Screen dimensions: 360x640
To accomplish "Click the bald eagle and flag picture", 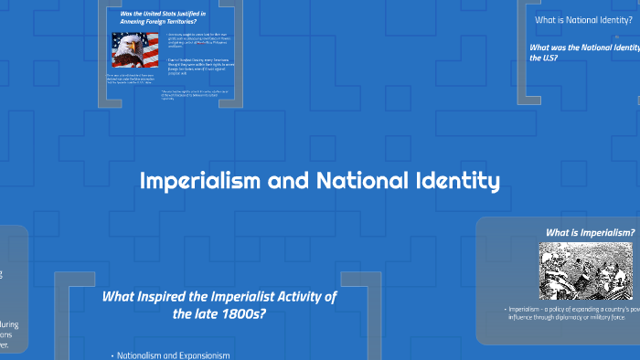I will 134,52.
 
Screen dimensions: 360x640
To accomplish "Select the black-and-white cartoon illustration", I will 575,270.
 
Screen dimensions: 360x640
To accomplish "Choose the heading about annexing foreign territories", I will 162,19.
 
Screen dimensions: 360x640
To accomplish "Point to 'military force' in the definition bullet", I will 604,319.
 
